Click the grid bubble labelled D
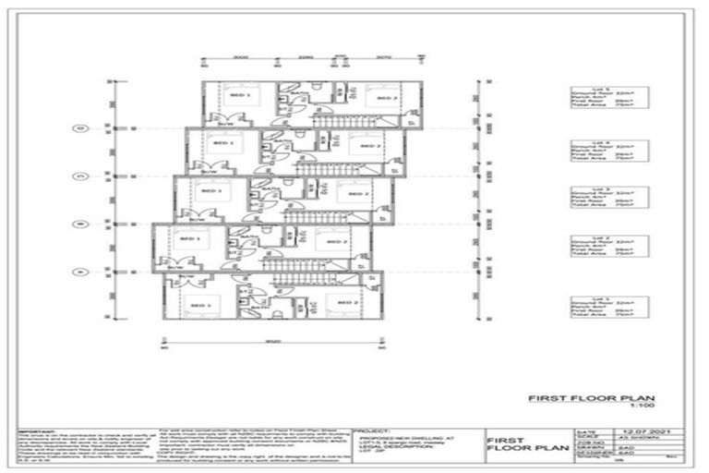81,128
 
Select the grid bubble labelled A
81,271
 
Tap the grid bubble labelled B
81,223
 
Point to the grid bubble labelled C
81,175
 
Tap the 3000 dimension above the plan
241,57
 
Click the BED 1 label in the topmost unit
243,95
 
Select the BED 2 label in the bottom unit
348,303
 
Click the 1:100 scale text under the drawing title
650,407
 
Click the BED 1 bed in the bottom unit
197,301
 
